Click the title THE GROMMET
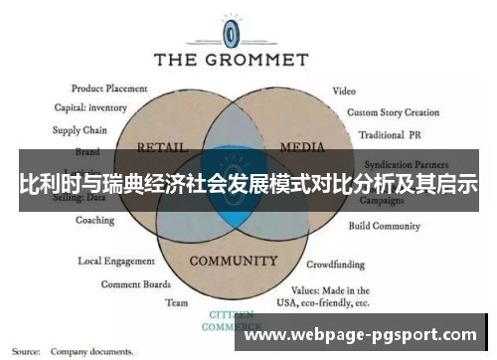coord(232,60)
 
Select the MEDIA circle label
coord(302,146)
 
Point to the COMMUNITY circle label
coord(232,262)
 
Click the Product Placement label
coord(110,88)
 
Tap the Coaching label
coord(94,220)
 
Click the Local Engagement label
coord(116,262)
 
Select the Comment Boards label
coord(135,283)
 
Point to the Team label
coord(176,302)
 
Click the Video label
coord(344,90)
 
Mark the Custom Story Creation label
coord(394,112)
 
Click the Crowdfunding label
coord(335,266)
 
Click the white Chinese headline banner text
coord(248,185)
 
